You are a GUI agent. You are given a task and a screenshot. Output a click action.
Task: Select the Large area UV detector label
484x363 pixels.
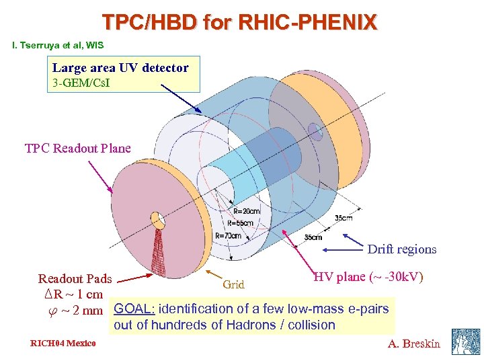coord(120,67)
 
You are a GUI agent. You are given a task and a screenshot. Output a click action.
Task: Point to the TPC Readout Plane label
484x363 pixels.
coord(77,148)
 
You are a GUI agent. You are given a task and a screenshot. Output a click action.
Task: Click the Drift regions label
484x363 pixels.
coord(401,249)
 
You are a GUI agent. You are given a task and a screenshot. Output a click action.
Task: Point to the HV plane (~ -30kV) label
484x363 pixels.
coord(368,276)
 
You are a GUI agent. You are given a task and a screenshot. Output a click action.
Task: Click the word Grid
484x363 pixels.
coord(233,284)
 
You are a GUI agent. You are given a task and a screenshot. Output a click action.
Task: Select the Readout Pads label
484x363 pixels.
coord(75,278)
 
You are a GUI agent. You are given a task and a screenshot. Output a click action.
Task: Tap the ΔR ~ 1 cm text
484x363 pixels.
coord(70,294)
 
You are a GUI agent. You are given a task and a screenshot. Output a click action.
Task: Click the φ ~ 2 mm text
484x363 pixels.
coord(71,310)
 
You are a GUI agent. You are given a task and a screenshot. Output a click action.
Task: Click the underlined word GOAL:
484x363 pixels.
coord(135,309)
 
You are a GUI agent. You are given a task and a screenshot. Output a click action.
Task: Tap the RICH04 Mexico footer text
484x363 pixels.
coord(63,344)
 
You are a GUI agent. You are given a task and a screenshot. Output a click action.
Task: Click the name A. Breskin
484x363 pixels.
coord(413,344)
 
